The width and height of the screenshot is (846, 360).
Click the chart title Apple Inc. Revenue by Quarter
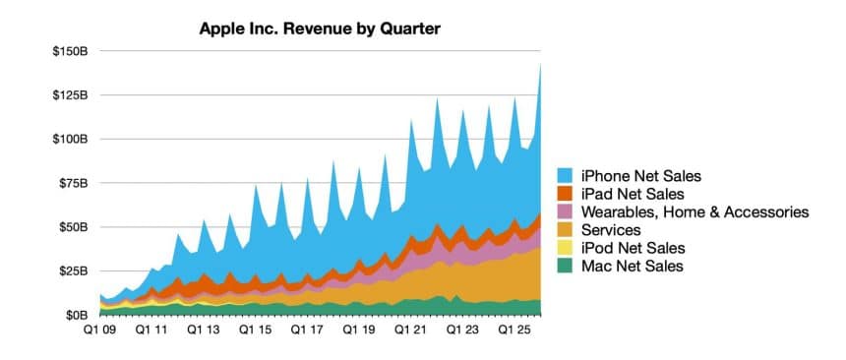click(x=320, y=29)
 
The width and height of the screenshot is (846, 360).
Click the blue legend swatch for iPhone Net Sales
click(x=567, y=176)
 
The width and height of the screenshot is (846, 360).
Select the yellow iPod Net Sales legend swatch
click(x=567, y=248)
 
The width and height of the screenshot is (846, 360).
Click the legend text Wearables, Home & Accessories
click(x=695, y=211)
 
